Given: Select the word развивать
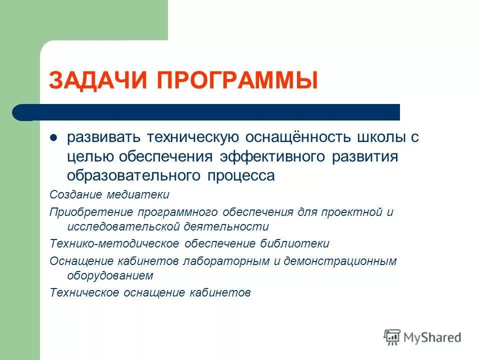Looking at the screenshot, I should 103,138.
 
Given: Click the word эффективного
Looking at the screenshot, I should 273,156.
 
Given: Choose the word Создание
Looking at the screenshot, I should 74,194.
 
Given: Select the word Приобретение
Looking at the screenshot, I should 84,212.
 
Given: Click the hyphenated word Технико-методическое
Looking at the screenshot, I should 114,243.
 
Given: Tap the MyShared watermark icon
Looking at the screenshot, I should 392,337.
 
